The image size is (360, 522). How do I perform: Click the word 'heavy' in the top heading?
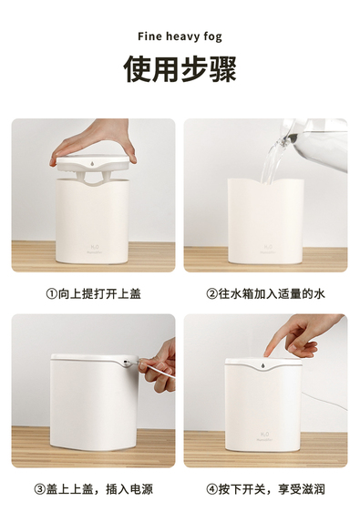[x=182, y=36]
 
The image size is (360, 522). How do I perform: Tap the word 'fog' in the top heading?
[x=212, y=37]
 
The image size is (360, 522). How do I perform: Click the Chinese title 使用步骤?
[x=180, y=69]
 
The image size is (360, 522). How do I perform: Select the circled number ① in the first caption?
[x=51, y=294]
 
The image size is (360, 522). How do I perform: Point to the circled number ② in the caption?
[x=211, y=294]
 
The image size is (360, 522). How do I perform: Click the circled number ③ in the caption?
[x=39, y=489]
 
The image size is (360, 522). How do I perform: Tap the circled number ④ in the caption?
[x=211, y=489]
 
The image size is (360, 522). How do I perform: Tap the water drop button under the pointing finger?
[x=263, y=366]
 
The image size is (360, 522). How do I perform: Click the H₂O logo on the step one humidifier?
[x=95, y=248]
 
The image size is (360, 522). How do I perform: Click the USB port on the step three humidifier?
[x=125, y=362]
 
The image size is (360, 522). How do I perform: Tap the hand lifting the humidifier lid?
[x=97, y=139]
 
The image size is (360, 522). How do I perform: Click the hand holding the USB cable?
[x=159, y=367]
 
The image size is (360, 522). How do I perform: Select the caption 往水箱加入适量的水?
[x=272, y=294]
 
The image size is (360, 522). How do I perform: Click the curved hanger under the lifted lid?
[x=92, y=179]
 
